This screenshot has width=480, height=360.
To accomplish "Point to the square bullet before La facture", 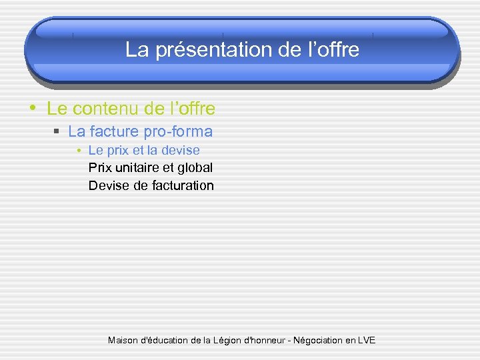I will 58,132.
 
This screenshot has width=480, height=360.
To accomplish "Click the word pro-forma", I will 178,131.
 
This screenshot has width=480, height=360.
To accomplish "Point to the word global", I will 195,167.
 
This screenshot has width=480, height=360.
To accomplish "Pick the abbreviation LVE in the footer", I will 366,341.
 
